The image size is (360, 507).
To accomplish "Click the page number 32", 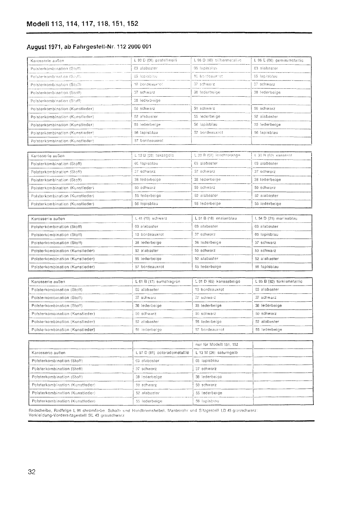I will [31, 472].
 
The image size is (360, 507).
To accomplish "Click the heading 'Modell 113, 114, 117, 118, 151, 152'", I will [83, 24].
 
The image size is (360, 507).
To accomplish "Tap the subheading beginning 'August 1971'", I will [89, 47].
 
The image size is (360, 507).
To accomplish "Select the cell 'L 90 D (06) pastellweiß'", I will [155, 60].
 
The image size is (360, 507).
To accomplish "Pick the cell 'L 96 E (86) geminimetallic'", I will [279, 60].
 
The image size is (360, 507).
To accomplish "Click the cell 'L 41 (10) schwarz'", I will [151, 218].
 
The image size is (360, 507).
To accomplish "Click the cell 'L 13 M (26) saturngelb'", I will [217, 352].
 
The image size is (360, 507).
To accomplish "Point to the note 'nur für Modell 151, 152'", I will [217, 344].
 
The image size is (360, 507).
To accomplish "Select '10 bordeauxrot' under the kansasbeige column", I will [210, 289].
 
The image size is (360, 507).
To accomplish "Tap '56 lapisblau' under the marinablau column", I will [267, 267].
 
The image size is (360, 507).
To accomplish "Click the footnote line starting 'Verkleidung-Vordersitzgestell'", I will [77, 415].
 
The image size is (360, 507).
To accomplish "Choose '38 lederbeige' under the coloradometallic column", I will [148, 377].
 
